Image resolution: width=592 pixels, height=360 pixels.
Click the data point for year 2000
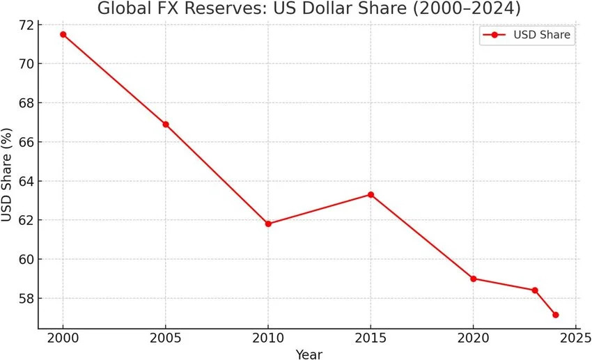click(63, 34)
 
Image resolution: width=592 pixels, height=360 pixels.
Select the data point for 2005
click(166, 125)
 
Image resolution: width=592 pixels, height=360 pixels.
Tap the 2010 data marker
click(268, 224)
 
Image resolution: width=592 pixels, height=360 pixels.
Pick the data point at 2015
click(371, 194)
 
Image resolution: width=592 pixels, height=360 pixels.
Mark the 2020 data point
click(474, 279)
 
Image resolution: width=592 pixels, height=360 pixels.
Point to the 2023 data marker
click(535, 290)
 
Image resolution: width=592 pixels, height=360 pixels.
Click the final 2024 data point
click(555, 315)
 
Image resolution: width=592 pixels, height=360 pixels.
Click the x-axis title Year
click(309, 354)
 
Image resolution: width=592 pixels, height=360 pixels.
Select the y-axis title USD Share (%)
click(8, 175)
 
